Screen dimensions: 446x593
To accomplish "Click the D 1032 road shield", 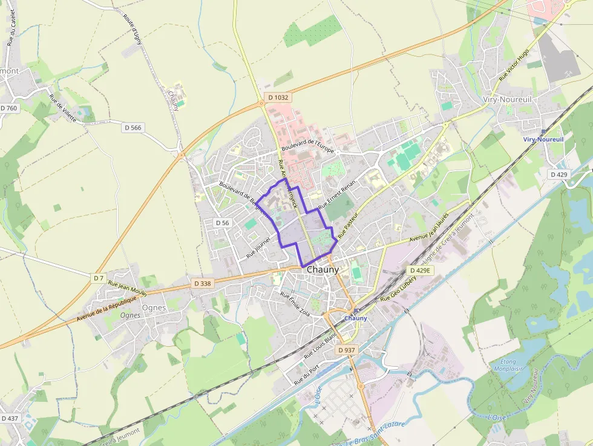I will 278,97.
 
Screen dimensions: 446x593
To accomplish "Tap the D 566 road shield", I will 133,128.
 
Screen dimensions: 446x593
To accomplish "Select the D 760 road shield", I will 9,108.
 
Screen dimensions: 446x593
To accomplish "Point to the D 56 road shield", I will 223,223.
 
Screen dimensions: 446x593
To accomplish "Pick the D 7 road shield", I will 99,278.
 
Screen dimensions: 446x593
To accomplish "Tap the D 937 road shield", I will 347,350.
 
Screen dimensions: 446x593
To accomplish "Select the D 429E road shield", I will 420,271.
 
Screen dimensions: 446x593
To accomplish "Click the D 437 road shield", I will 10,418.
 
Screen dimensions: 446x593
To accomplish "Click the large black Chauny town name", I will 324,269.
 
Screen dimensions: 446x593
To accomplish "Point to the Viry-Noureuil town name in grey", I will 506,99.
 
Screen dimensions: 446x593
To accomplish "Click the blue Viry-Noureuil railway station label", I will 543,139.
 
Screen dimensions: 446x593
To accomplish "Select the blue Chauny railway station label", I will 356,318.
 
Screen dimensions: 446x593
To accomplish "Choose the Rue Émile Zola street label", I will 295,304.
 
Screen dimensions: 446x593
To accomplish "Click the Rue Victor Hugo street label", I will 514,65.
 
